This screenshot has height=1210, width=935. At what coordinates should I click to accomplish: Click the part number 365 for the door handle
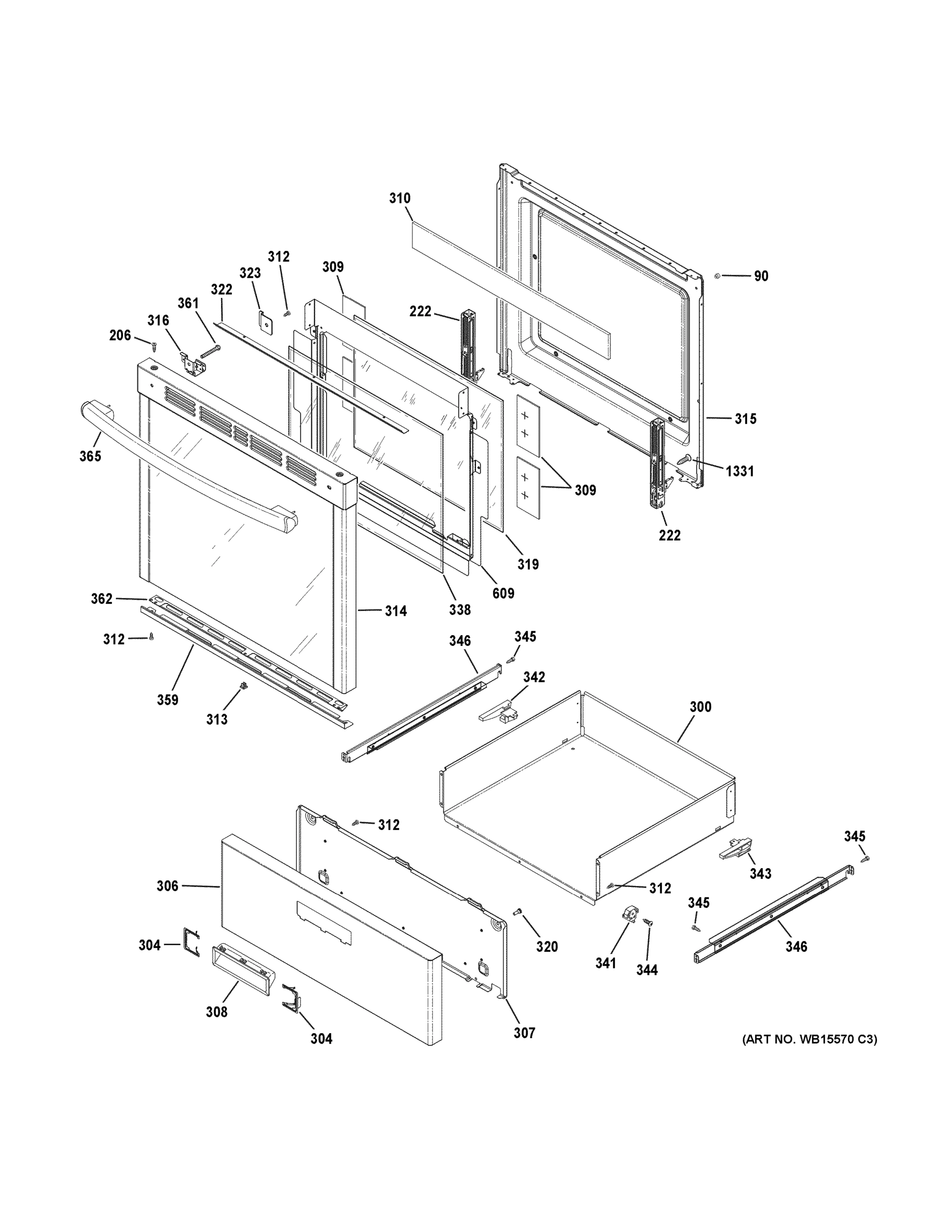(x=90, y=456)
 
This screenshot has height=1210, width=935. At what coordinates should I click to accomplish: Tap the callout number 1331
(x=740, y=471)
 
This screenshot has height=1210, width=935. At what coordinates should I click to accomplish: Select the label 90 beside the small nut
(x=761, y=276)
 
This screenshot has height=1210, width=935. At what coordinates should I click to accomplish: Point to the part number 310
(x=399, y=198)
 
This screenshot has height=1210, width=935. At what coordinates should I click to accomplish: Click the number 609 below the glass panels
(x=503, y=593)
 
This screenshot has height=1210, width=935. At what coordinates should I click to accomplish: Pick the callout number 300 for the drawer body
(x=700, y=707)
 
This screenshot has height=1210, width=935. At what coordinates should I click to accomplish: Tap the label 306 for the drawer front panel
(x=167, y=886)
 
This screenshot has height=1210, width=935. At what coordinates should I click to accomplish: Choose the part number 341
(x=605, y=963)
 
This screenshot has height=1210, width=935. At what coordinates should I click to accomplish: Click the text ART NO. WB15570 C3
(x=809, y=1040)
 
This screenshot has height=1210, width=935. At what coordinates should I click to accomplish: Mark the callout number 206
(x=120, y=335)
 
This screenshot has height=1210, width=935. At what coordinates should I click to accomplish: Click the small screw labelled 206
(x=153, y=347)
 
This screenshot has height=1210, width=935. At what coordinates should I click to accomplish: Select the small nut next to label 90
(x=717, y=275)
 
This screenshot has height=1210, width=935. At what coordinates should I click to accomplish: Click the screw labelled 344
(x=647, y=923)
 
